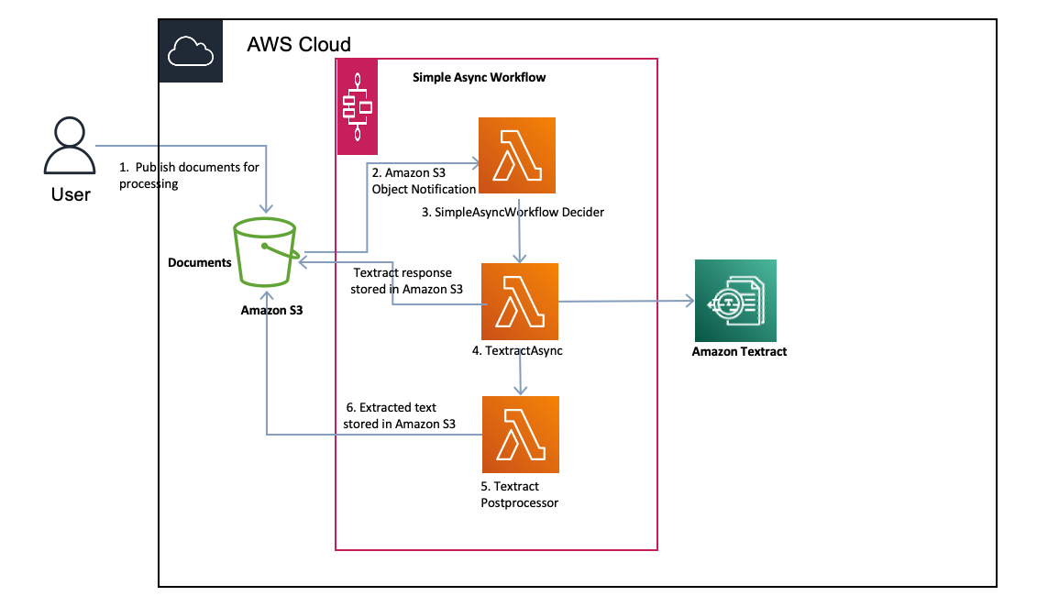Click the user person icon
tap(70, 148)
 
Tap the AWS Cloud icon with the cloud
tap(191, 52)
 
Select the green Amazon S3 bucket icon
tap(266, 253)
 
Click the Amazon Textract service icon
tap(735, 300)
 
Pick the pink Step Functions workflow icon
tap(358, 105)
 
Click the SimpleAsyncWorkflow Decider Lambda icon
tap(517, 156)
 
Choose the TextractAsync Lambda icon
tap(520, 302)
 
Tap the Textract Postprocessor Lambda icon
tap(520, 434)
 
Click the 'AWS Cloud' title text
tap(299, 44)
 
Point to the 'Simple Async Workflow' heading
tap(479, 78)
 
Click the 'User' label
tap(71, 194)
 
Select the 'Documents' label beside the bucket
tap(200, 263)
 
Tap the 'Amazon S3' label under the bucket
tap(271, 311)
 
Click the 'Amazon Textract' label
tap(739, 351)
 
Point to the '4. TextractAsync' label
tap(516, 349)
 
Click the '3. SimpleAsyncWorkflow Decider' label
tap(513, 213)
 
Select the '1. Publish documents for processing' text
tap(189, 175)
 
